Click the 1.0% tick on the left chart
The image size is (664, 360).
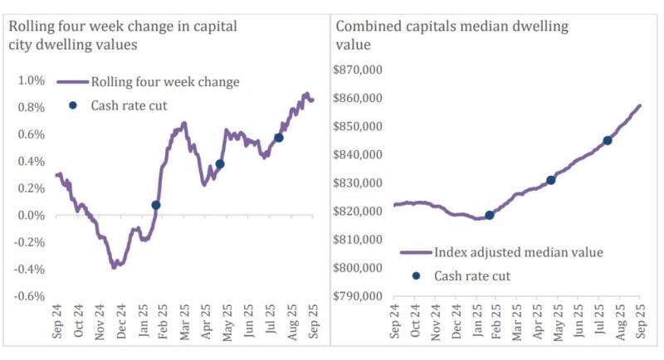(x=30, y=80)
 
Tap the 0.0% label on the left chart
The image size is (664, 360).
(x=30, y=216)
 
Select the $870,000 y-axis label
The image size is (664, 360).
(x=357, y=71)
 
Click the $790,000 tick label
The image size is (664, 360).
(x=357, y=296)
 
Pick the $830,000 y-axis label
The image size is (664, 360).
(x=357, y=183)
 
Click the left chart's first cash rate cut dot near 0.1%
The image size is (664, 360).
(x=156, y=205)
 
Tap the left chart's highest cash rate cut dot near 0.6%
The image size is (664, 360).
(x=279, y=138)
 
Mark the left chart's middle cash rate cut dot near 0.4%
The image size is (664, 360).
(x=220, y=164)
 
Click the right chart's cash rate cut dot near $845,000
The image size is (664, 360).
(x=608, y=140)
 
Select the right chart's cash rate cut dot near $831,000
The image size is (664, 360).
(x=550, y=180)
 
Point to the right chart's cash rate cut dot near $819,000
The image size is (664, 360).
(x=490, y=215)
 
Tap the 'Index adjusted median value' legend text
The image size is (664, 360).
(x=519, y=252)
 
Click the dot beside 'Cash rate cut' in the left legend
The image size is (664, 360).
(x=73, y=105)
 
